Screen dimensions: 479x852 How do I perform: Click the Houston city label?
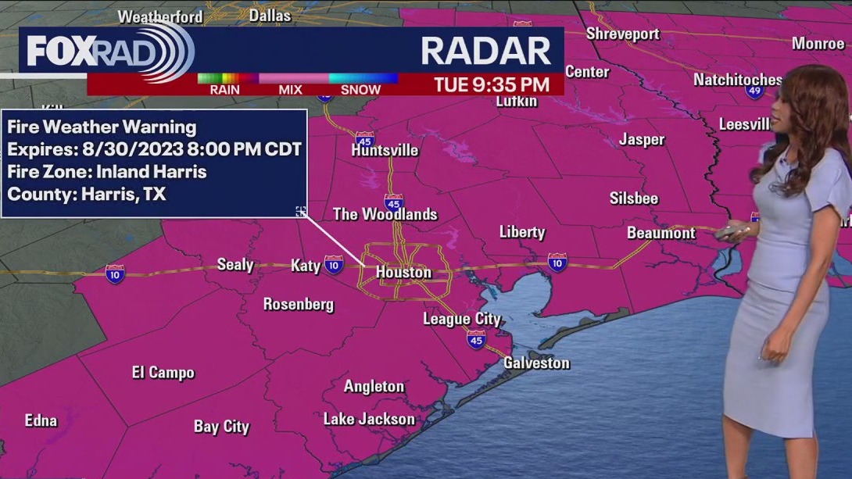tap(403, 272)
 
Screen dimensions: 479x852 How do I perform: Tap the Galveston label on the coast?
tap(536, 363)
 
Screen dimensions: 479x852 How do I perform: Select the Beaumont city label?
tap(660, 233)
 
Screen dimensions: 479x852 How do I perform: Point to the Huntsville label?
tap(385, 150)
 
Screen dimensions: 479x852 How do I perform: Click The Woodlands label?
tap(385, 214)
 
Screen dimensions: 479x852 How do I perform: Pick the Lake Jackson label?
tap(369, 419)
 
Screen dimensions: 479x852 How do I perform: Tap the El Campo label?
tap(163, 373)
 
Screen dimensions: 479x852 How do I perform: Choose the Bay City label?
tap(221, 427)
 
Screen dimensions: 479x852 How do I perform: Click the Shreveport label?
tap(622, 34)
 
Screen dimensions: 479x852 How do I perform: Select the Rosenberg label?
tap(298, 304)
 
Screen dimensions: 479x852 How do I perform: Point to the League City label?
tap(461, 319)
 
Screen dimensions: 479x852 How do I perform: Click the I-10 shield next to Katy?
tap(334, 265)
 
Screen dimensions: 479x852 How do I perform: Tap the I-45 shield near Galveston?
tap(475, 339)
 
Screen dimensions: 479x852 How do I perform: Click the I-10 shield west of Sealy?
tap(115, 273)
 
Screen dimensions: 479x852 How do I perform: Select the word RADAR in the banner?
tap(485, 51)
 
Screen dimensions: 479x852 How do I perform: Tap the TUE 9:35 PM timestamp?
tap(491, 84)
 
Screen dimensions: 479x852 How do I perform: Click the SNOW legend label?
tap(360, 90)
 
